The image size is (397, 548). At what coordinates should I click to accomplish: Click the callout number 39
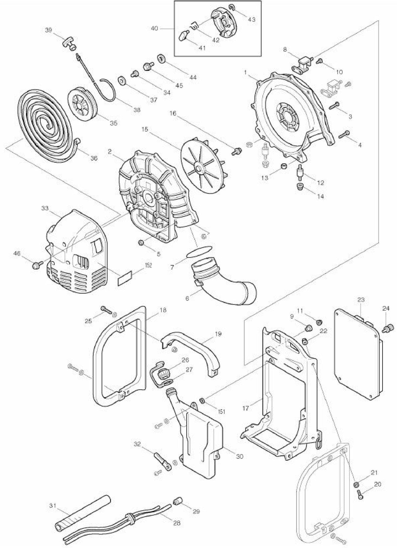[48, 30]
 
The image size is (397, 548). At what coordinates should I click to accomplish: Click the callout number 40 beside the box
[155, 28]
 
